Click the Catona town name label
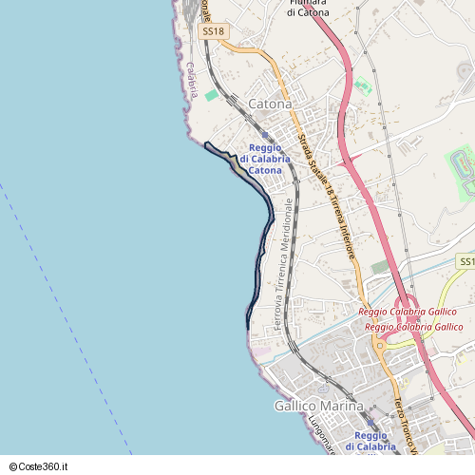269,104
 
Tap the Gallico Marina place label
318,406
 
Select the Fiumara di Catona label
308,9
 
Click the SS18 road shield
214,31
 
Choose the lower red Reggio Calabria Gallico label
413,327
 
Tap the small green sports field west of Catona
211,96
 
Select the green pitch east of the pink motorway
362,86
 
